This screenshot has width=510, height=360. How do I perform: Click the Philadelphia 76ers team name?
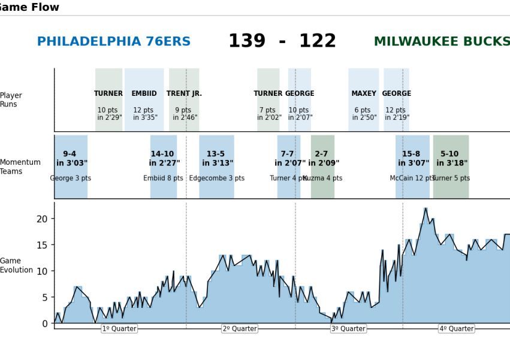point(114,42)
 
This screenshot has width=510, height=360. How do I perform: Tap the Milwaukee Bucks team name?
point(442,42)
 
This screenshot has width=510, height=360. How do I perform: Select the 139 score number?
point(246,41)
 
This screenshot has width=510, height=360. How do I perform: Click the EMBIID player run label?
point(144,93)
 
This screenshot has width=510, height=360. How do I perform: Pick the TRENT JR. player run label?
point(184,93)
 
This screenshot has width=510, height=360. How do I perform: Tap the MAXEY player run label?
point(364,93)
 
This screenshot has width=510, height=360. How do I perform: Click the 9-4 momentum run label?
point(70,154)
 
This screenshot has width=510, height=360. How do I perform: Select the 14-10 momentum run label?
point(162,154)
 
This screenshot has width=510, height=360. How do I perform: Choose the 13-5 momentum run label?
point(216,154)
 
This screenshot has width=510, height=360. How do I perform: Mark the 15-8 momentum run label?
point(411,154)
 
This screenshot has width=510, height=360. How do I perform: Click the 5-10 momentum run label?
point(449,154)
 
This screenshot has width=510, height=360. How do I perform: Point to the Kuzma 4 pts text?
point(323,179)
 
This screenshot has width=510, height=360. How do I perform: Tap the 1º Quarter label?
point(119,329)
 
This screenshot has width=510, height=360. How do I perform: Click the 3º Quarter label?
point(348,329)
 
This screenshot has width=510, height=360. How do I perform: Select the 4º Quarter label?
point(457,329)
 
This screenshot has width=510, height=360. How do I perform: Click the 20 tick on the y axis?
point(42,219)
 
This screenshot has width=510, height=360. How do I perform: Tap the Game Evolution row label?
point(16,265)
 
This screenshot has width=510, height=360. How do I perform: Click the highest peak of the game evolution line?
point(425,208)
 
